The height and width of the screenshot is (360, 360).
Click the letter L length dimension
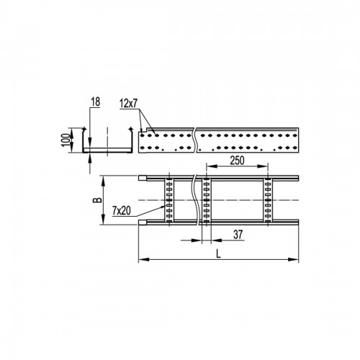pos(217,252)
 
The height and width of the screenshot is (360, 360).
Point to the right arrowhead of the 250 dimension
pos(265,170)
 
